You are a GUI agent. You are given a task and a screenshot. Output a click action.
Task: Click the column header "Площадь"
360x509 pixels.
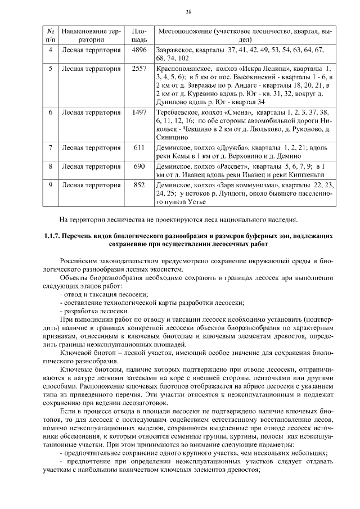point(139,35)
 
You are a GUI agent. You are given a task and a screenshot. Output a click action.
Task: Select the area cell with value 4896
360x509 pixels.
point(139,51)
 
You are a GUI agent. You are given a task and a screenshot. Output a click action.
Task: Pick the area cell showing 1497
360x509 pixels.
point(139,112)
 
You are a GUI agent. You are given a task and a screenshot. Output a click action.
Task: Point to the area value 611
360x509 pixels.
point(139,148)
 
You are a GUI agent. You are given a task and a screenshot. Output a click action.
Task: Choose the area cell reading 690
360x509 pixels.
point(139,166)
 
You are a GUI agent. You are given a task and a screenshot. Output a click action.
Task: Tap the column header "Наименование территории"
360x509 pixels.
point(91,35)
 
